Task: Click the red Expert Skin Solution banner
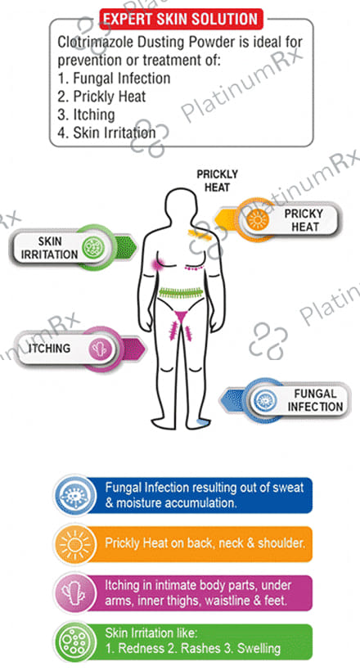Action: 181,20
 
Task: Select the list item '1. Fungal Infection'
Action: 114,79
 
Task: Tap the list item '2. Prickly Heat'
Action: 102,97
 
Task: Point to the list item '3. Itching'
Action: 86,115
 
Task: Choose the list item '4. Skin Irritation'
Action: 106,133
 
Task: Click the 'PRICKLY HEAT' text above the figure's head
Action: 217,181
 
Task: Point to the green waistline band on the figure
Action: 181,293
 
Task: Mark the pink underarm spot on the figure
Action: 155,264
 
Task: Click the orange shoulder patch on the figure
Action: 197,232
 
